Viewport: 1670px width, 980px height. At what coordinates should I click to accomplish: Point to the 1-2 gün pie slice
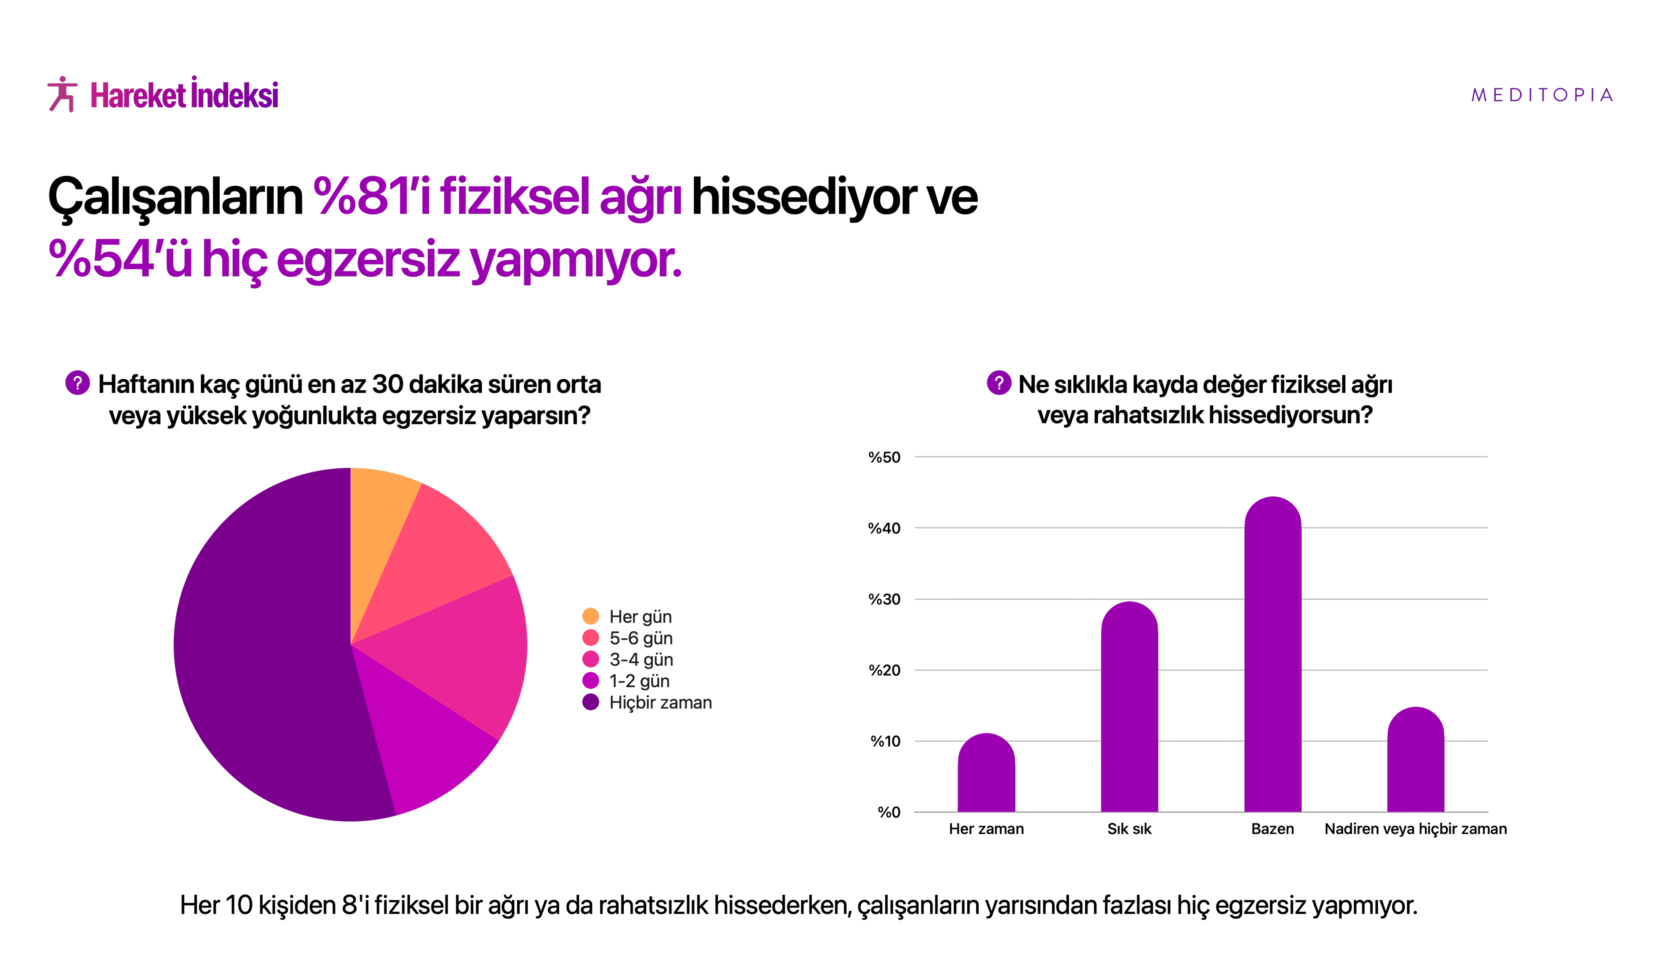pos(424,742)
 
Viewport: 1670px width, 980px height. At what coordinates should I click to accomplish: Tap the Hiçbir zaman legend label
pos(660,702)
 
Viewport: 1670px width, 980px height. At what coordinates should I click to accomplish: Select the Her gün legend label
pos(640,617)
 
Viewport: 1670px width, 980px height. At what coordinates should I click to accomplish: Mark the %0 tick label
pos(889,812)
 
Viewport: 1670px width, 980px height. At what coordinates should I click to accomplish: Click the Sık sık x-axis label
pos(1129,829)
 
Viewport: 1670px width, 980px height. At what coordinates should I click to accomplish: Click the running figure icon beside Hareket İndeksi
pos(62,94)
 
